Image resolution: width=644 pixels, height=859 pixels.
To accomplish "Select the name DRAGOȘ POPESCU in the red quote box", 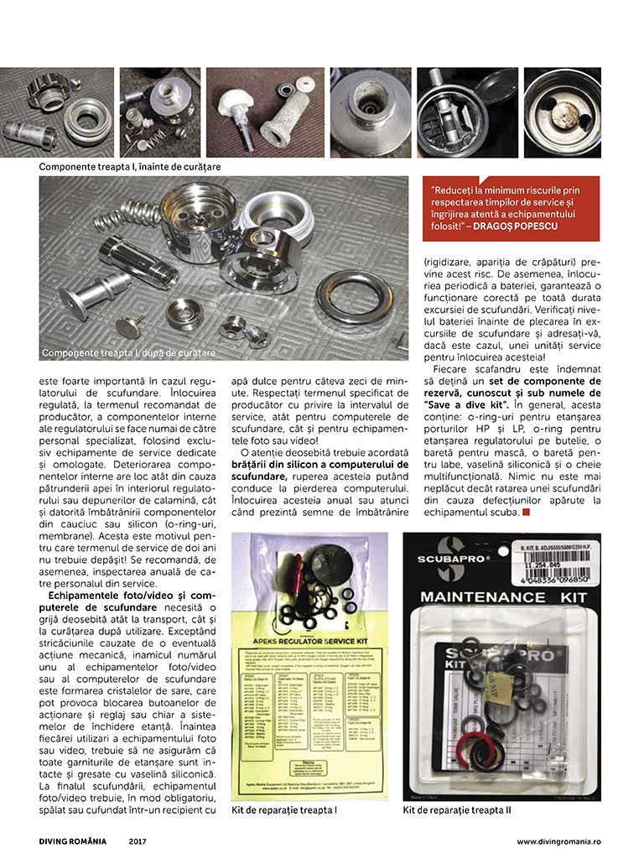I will (525, 226).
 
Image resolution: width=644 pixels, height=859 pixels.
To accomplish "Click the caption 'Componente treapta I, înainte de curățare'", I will (130, 167).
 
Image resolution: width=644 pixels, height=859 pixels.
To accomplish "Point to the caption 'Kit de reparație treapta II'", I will (456, 810).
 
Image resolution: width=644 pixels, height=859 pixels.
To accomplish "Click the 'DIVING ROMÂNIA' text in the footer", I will (75, 841).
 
